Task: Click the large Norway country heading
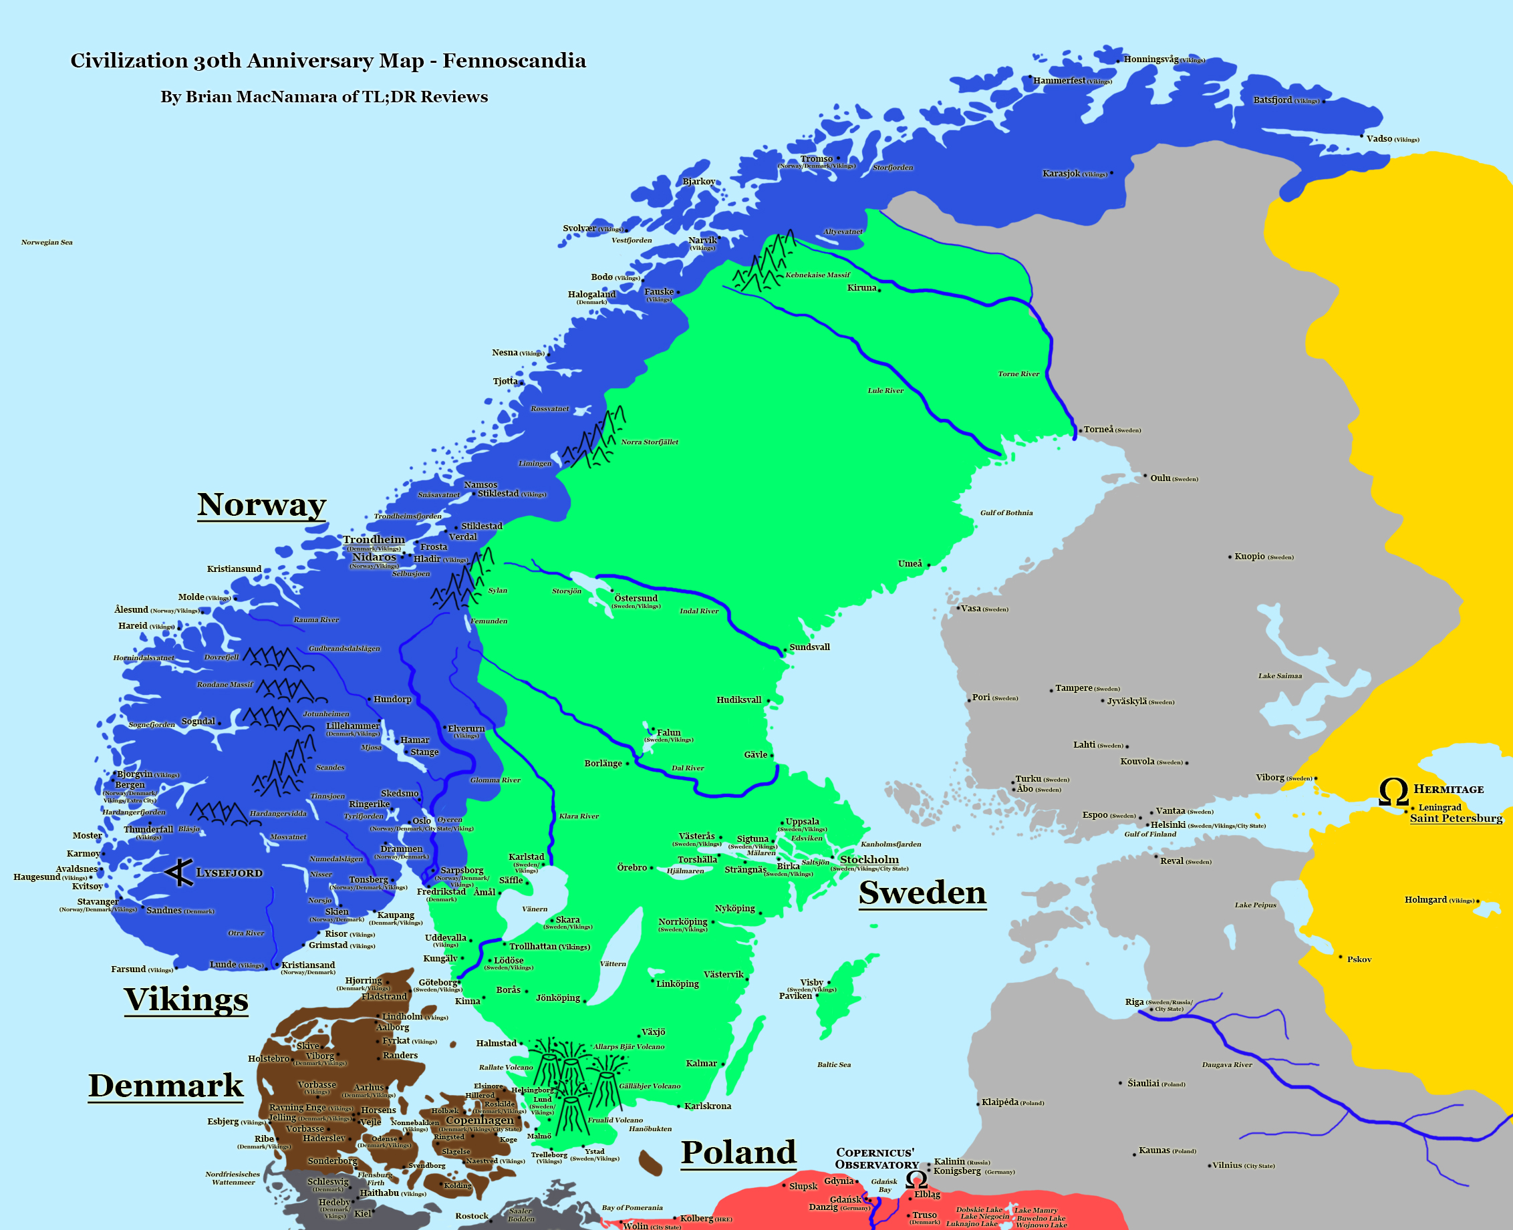point(261,504)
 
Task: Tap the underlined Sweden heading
point(922,892)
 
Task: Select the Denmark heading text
point(165,1086)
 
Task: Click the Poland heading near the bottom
point(738,1152)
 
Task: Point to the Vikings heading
point(186,999)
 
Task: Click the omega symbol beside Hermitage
point(1393,792)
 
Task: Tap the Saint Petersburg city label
point(1456,818)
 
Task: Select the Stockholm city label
point(869,859)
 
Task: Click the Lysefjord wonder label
point(229,873)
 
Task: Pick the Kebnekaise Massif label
point(817,275)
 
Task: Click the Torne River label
point(1018,373)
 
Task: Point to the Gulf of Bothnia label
point(1006,512)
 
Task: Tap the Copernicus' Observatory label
point(876,1159)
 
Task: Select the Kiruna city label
point(861,288)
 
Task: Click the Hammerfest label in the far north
point(1059,81)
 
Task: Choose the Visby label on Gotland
point(811,982)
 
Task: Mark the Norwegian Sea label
point(47,243)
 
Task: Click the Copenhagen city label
point(480,1120)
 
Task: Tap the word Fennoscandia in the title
point(514,61)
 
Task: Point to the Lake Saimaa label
point(1280,675)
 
